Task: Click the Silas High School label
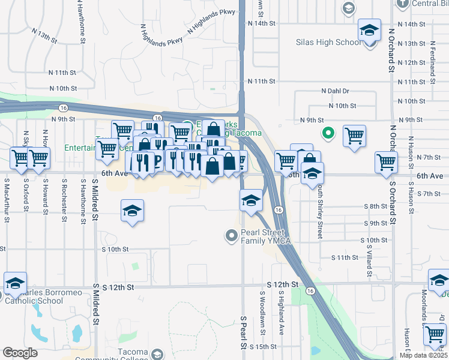[x=329, y=43]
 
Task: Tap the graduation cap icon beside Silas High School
[x=369, y=29]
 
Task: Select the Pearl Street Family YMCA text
[x=266, y=236]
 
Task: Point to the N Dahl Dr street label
[x=335, y=91]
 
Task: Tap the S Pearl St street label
[x=244, y=333]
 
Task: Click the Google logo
[x=20, y=353]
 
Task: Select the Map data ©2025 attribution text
[x=423, y=355]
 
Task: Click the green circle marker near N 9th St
[x=328, y=133]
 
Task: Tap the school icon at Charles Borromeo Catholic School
[x=16, y=283]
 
